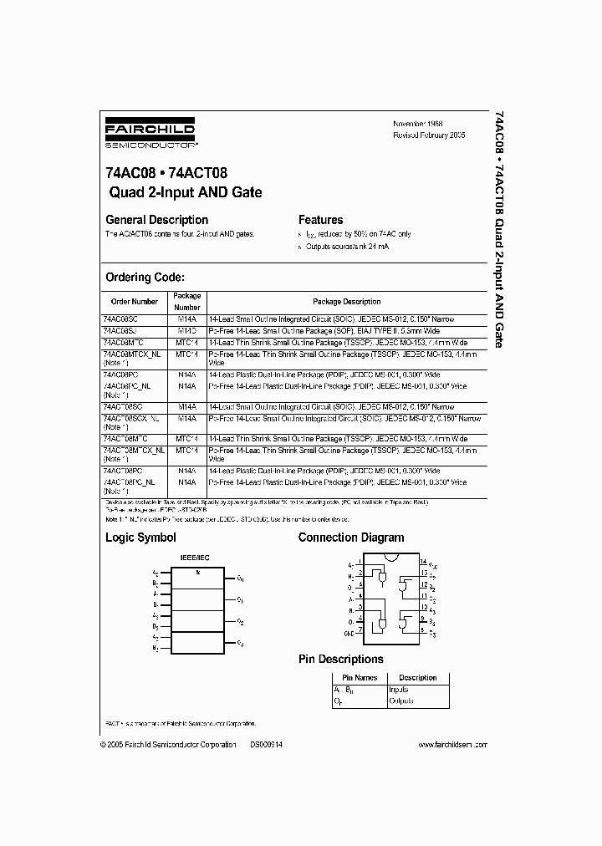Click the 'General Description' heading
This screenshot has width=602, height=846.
pos(156,220)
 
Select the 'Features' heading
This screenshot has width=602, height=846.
pos(320,220)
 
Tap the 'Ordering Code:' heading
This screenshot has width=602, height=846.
pos(145,278)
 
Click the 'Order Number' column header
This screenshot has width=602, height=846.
pos(134,301)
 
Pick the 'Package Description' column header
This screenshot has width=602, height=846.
pos(346,301)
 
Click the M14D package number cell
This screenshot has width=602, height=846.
pos(186,330)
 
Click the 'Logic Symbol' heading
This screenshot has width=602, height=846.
pos(140,538)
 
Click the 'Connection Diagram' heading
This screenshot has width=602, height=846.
pos(350,538)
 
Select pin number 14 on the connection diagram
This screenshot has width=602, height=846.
pos(423,562)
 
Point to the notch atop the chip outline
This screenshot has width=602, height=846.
pos(390,558)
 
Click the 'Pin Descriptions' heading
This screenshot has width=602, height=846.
pos(340,659)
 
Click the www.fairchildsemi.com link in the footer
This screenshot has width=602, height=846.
pos(452,744)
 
